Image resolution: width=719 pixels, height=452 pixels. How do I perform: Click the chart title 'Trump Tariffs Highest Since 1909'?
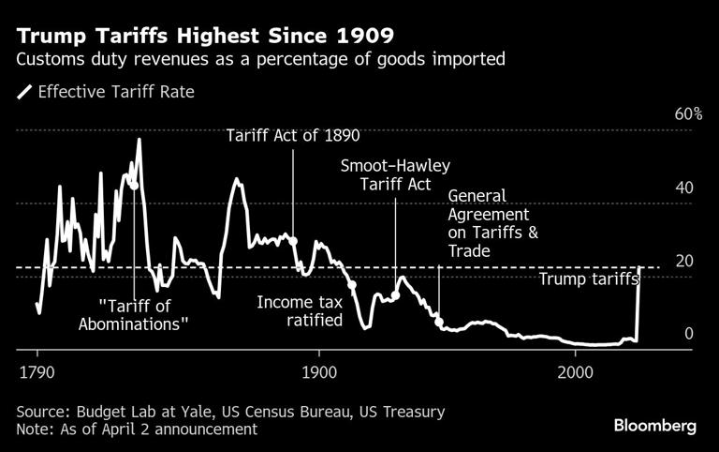pos(205,37)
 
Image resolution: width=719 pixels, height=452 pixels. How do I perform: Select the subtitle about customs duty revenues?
pos(259,61)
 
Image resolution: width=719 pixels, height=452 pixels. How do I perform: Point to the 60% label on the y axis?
pos(689,114)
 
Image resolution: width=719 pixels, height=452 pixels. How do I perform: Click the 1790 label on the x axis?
pos(37,370)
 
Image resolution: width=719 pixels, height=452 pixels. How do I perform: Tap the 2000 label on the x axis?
pos(574,370)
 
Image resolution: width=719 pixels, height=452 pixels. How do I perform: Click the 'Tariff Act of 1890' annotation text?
pos(293,135)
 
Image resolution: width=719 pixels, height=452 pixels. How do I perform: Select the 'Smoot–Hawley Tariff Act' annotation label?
pos(395,175)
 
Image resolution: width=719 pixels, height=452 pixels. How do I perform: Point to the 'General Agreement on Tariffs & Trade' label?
pos(493,223)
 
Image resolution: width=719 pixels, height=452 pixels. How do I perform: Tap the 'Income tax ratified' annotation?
pos(300,311)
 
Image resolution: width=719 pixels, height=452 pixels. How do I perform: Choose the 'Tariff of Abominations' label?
pos(144,314)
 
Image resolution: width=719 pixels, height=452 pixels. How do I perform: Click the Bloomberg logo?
pos(654,426)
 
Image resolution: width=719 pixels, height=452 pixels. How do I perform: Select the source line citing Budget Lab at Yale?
pos(230,412)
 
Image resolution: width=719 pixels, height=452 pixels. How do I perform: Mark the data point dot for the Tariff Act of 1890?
pos(294,241)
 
